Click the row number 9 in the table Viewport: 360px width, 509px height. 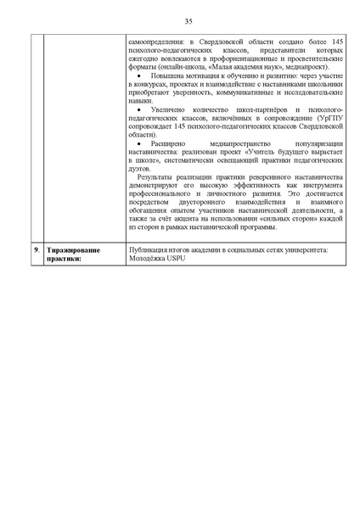pyautogui.click(x=36, y=250)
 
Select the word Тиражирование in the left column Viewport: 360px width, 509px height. pyautogui.click(x=75, y=250)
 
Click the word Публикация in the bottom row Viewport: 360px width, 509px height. pyautogui.click(x=145, y=250)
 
